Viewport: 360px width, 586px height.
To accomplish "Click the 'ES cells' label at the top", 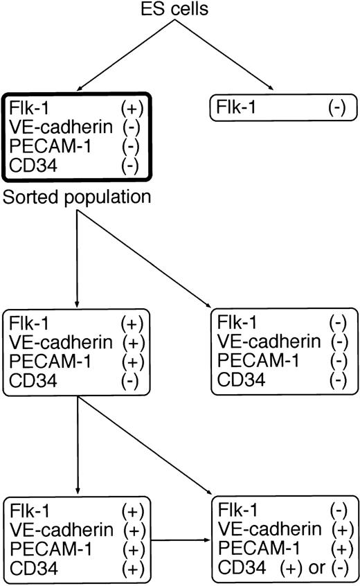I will [x=179, y=9].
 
